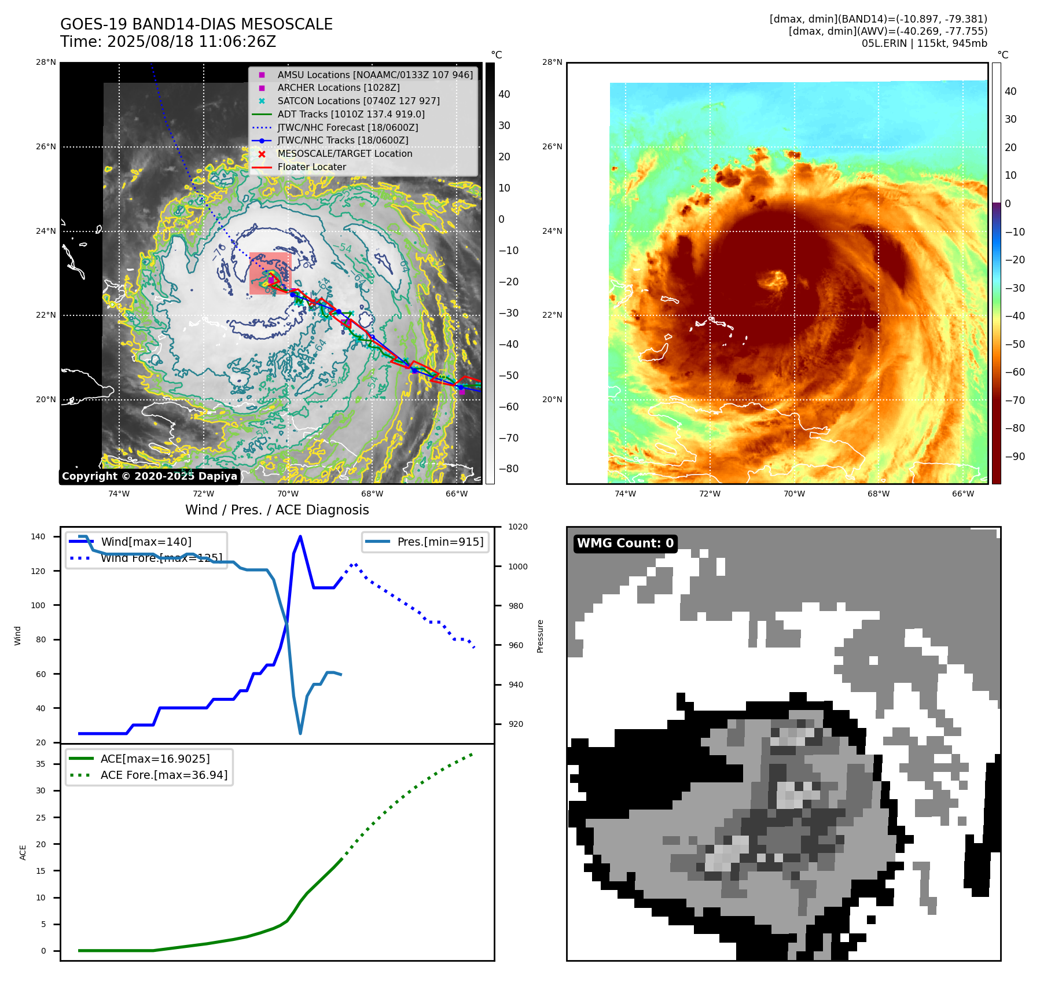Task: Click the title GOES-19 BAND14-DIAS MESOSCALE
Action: (196, 24)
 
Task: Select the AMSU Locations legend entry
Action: (374, 75)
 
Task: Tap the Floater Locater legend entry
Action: (311, 167)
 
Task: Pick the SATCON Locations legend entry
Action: (358, 101)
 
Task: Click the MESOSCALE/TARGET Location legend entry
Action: (344, 153)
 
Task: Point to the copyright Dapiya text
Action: (149, 476)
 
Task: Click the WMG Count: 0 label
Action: (625, 543)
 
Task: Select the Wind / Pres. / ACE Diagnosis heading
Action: (277, 510)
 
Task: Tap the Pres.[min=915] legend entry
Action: (440, 542)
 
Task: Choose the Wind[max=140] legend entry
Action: (146, 542)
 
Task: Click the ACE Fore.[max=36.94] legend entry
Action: (164, 775)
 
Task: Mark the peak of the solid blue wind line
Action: (300, 536)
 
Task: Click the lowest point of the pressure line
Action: (300, 733)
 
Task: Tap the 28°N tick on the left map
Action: (46, 62)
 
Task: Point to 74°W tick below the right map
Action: (625, 494)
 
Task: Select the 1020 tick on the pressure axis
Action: (518, 527)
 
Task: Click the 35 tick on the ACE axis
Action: (41, 764)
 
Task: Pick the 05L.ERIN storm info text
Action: (924, 43)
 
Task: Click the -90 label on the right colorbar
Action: (1015, 456)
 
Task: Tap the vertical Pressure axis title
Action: (541, 636)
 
